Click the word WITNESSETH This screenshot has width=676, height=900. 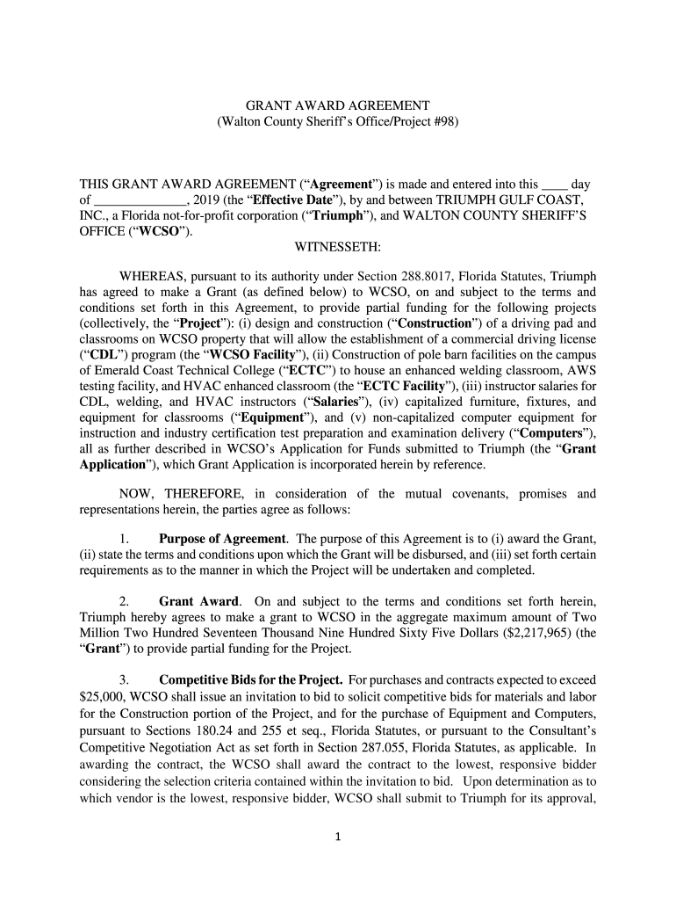337,248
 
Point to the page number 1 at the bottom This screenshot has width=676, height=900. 338,836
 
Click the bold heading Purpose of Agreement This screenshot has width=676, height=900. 222,538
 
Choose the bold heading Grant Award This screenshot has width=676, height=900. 198,601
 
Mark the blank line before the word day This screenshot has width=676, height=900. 554,185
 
